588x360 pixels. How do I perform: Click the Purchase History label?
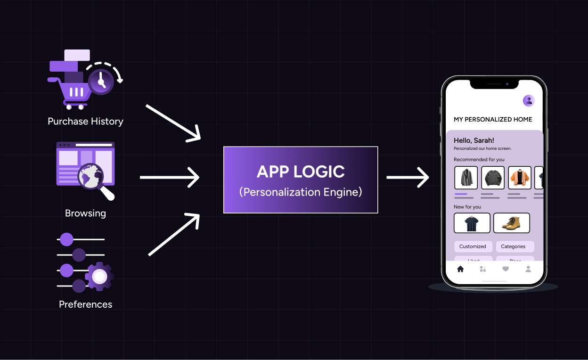pos(85,122)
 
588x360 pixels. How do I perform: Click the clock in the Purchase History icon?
pos(101,82)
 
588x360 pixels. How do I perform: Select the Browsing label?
pos(85,213)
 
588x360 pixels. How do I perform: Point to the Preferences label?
pos(85,304)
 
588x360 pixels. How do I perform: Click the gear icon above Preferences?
pos(99,276)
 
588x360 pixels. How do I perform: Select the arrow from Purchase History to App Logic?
pos(173,123)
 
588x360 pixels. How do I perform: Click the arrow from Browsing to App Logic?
pos(170,178)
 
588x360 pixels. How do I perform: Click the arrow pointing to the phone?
pos(408,178)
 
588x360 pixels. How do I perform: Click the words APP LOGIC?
pos(301,172)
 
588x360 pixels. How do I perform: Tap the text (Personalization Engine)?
pos(301,192)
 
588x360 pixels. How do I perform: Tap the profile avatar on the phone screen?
pos(529,100)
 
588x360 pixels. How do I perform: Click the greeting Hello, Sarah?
pos(474,140)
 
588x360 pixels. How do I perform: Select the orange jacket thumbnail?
pos(520,178)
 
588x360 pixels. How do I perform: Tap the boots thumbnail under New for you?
pos(511,223)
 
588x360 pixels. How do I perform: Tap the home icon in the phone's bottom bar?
pos(460,269)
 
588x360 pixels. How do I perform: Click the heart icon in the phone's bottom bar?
pos(506,269)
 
